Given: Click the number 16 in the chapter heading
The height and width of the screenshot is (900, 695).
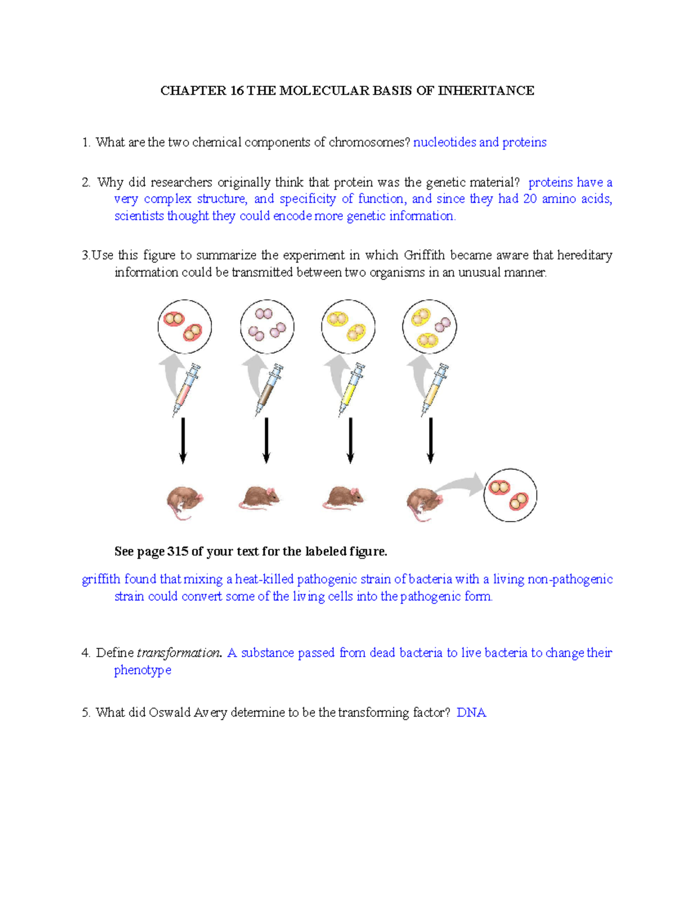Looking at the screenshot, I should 237,90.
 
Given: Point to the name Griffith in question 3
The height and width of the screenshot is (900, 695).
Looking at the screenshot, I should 425,255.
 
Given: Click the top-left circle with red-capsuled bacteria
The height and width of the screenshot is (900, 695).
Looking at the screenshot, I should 184,327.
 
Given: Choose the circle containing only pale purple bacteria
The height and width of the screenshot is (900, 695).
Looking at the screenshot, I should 267,327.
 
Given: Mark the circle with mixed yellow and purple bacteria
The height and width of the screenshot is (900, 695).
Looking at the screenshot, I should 430,327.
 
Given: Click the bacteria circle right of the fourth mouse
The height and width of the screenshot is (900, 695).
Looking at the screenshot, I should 510,495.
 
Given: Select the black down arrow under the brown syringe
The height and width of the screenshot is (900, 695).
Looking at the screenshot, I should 266,440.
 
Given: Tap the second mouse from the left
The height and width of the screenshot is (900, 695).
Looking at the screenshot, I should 259,497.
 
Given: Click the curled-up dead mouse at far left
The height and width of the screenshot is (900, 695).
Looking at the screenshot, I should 184,502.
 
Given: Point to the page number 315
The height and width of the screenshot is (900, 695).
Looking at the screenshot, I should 177,551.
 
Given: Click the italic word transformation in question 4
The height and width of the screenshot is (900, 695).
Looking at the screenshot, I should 178,653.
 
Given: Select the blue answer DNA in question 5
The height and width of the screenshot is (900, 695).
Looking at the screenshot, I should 471,712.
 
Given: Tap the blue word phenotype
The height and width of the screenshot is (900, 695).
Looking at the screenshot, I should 142,670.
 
